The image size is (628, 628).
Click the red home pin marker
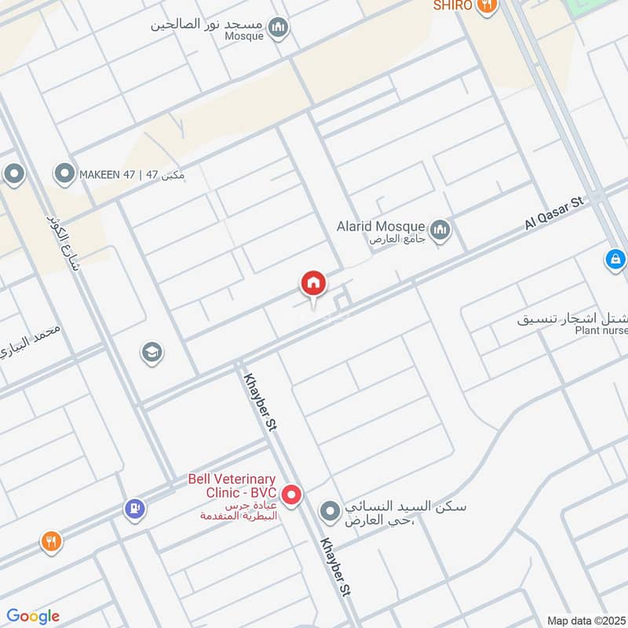(x=313, y=284)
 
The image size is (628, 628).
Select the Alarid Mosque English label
(x=381, y=226)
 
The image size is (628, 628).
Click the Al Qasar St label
(x=555, y=213)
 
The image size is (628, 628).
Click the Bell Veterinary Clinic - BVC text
(x=232, y=485)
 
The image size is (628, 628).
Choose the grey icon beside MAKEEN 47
(x=63, y=173)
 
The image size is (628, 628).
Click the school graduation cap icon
(x=152, y=352)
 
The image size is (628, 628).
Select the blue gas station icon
(x=135, y=509)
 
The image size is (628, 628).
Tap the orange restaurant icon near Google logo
(x=51, y=541)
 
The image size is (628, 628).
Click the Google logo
(x=33, y=616)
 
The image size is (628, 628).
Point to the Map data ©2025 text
(x=584, y=620)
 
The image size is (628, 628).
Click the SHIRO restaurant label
(x=454, y=5)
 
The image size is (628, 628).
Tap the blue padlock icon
(x=616, y=258)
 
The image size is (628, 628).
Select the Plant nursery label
(x=600, y=331)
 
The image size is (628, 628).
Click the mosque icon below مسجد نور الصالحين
(x=278, y=30)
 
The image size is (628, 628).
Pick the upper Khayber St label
(x=265, y=400)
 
